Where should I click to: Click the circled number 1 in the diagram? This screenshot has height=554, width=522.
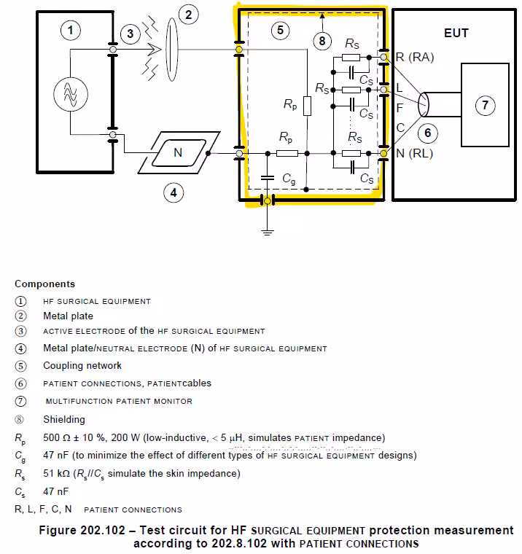point(71,31)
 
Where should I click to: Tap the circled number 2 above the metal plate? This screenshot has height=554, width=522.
point(189,14)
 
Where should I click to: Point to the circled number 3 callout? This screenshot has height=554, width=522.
point(129,34)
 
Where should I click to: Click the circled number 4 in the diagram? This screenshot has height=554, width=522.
point(173,193)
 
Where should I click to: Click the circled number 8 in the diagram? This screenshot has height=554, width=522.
point(323,41)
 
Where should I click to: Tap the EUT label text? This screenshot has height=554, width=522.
point(456,33)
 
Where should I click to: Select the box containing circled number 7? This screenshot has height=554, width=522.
point(485,106)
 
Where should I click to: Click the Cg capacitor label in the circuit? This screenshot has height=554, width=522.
point(289,180)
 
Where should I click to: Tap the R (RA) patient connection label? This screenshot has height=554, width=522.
point(415,57)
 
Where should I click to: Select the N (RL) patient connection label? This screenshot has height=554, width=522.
point(415,153)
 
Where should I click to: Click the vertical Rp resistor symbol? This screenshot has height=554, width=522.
point(307,106)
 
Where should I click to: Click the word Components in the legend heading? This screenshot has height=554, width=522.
point(44,284)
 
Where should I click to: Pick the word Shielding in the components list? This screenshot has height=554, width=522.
point(63,419)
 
